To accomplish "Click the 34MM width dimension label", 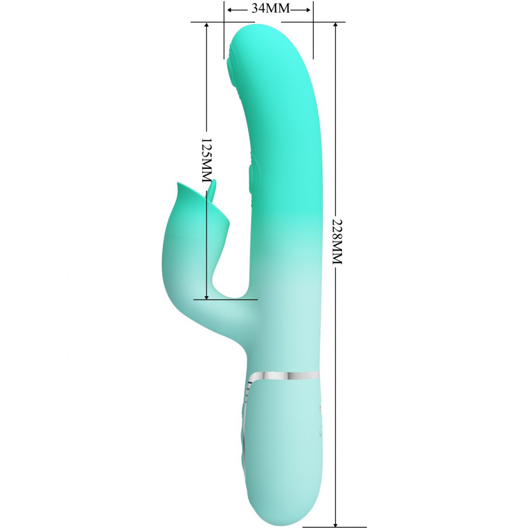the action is (x=270, y=8).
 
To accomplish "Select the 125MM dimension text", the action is (x=207, y=160).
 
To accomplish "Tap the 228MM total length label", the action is (x=337, y=242).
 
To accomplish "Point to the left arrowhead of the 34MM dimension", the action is (x=229, y=10).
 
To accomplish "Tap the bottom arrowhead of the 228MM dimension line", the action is (x=336, y=523).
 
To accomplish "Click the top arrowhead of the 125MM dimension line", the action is (x=207, y=26).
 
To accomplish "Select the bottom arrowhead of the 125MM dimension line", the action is (x=207, y=296).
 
